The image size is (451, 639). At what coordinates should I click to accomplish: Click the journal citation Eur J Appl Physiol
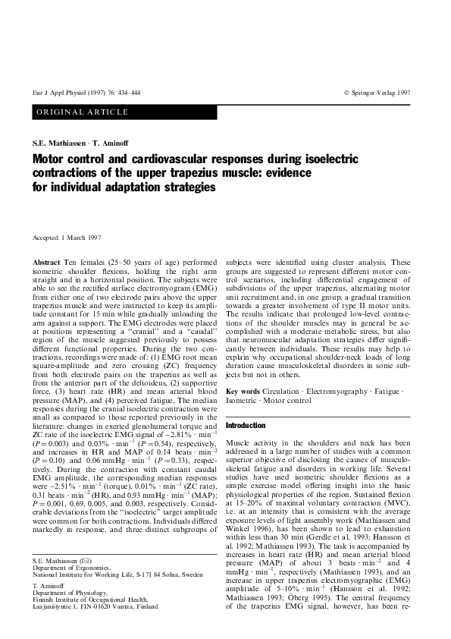[62, 92]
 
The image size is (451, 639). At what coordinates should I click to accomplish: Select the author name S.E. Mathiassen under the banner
[64, 143]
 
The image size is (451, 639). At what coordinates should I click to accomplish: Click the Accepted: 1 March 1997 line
[67, 238]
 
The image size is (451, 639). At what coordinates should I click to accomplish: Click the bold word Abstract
[46, 262]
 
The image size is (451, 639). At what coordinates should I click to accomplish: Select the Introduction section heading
[246, 425]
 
